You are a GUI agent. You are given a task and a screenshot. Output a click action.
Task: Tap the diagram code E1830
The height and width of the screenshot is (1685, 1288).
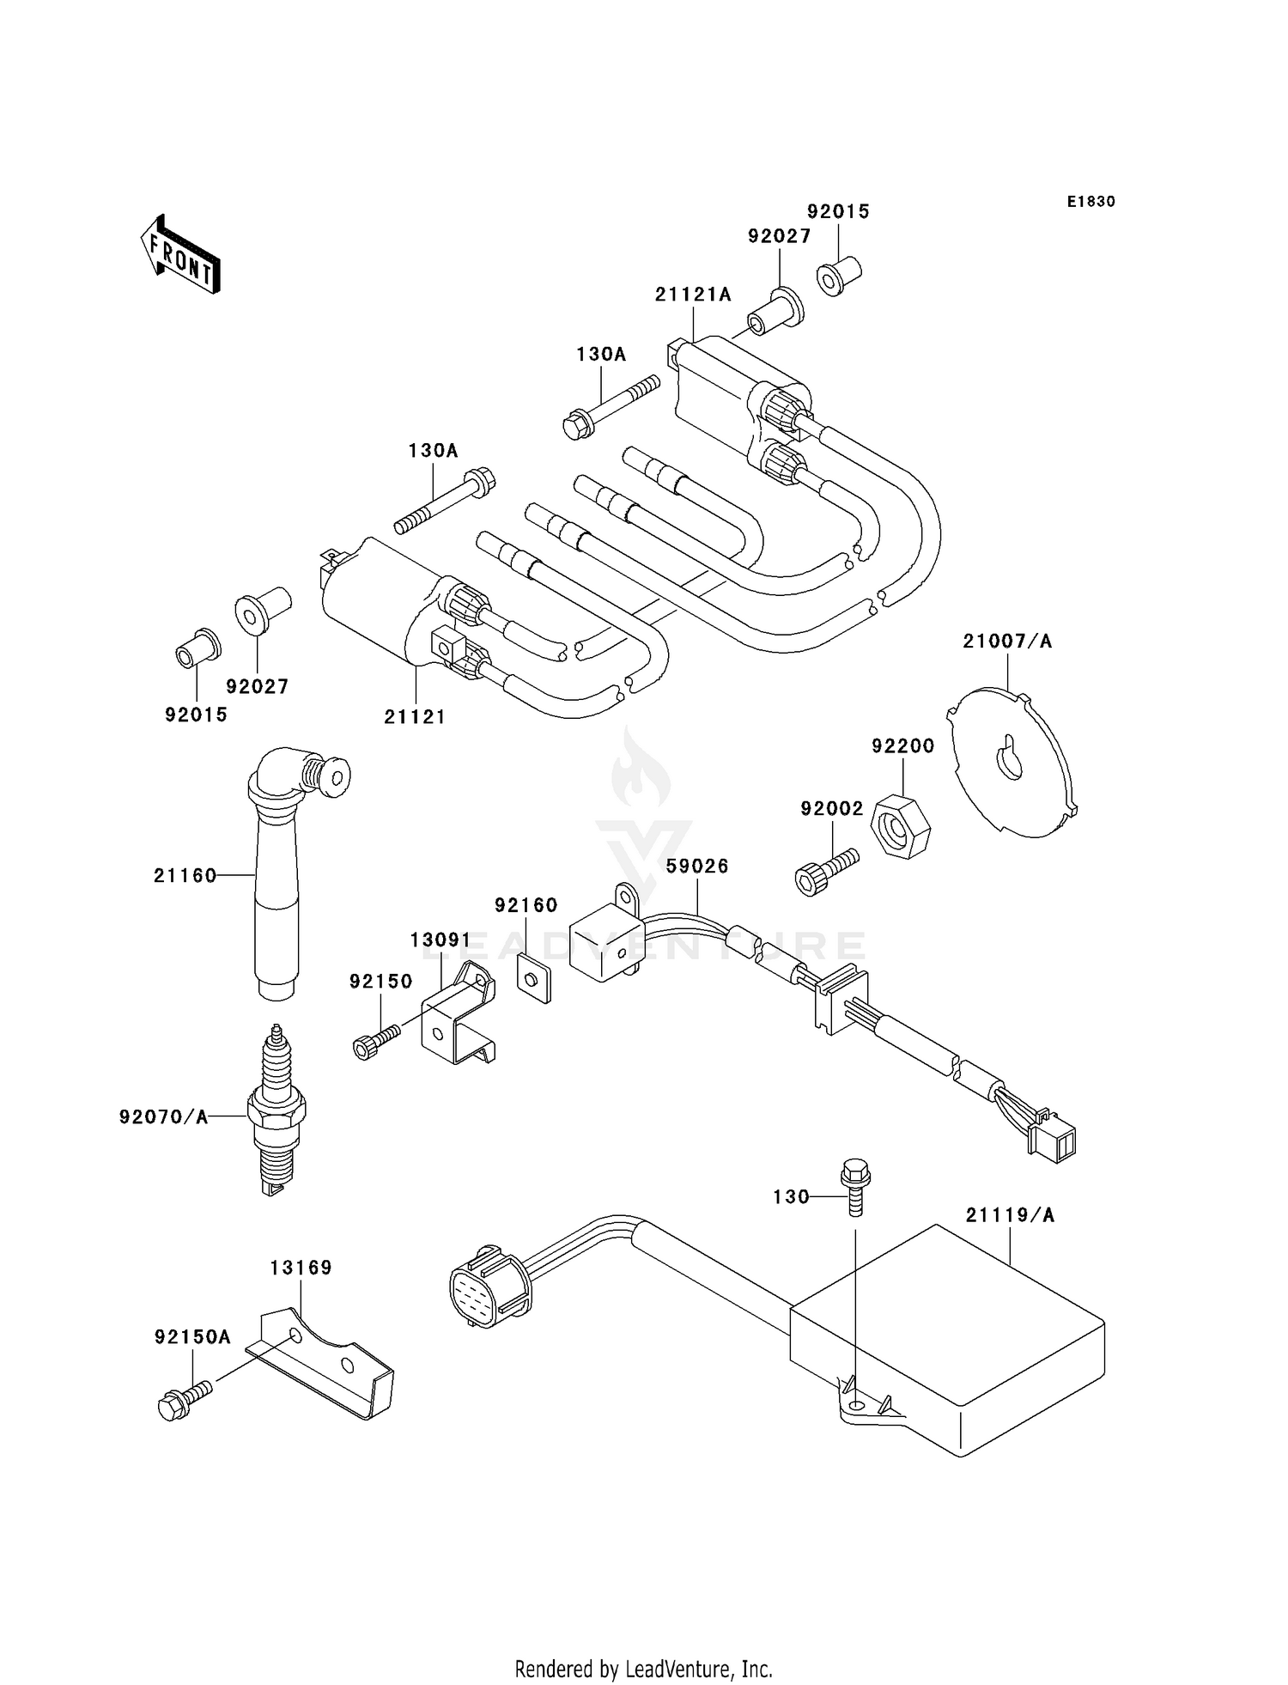pyautogui.click(x=1091, y=202)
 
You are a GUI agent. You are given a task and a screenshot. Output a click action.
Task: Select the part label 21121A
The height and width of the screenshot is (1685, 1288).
pyautogui.click(x=693, y=295)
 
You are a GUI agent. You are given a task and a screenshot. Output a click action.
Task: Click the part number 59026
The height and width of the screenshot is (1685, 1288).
pyautogui.click(x=697, y=867)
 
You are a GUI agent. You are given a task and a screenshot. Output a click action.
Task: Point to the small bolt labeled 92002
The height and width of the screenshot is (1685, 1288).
pyautogui.click(x=827, y=871)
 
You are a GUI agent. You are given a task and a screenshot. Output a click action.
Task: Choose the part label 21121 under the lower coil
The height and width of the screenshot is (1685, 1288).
pyautogui.click(x=415, y=716)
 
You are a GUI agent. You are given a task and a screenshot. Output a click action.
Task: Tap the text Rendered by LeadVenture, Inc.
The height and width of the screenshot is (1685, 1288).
pyautogui.click(x=644, y=1669)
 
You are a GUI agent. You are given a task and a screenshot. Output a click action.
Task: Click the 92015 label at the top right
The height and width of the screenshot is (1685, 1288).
pyautogui.click(x=838, y=211)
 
